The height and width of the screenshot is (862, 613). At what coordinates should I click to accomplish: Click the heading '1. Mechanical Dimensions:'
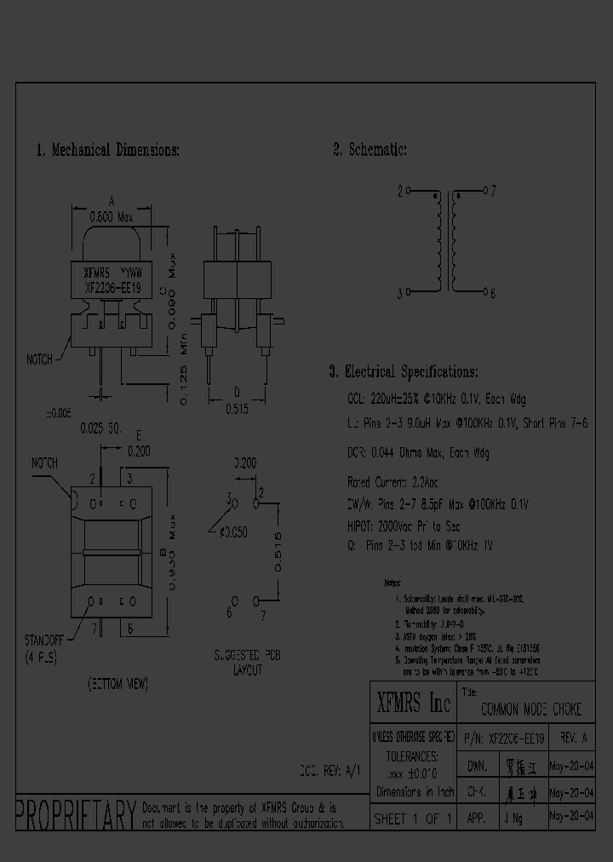point(107,150)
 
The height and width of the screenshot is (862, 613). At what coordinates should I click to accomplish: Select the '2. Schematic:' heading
point(370,150)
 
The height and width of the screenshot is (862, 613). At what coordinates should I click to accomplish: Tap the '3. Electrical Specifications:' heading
point(404,372)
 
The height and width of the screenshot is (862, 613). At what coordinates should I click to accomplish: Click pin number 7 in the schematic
point(492,192)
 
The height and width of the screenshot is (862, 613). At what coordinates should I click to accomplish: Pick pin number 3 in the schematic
point(399,294)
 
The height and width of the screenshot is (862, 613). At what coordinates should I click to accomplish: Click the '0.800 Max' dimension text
point(112,218)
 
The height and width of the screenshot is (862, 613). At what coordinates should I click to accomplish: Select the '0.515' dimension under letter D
point(238,409)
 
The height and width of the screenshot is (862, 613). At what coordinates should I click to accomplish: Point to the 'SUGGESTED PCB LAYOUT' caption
point(248,664)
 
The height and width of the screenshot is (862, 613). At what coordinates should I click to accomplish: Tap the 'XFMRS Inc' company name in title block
point(413,703)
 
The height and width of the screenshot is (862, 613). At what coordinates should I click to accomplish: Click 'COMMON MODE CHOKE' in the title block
point(531,710)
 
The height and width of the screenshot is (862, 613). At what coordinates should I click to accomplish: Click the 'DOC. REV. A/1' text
point(330,771)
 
